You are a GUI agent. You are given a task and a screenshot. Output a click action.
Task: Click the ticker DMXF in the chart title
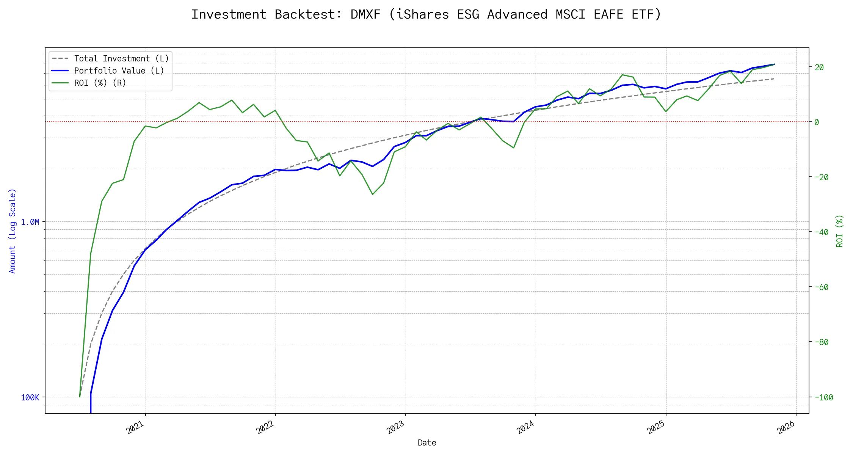coord(365,14)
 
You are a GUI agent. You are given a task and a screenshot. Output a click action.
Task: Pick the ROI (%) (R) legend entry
coord(100,83)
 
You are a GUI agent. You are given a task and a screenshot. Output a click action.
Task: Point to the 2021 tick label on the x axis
coord(135,428)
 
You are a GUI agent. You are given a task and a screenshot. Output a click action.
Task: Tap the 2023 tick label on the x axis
coord(395,428)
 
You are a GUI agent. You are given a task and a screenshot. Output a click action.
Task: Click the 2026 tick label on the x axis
coord(786,428)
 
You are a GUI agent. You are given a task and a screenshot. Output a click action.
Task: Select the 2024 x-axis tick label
coord(525,428)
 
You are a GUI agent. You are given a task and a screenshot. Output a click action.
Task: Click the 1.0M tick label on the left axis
coord(30,222)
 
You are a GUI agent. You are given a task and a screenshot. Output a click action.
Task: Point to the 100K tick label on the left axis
coord(30,398)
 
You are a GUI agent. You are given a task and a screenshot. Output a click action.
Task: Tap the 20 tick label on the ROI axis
coord(819,67)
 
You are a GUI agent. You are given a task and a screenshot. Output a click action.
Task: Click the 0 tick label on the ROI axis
coord(817,122)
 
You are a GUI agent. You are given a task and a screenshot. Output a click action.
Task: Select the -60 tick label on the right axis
coord(821,287)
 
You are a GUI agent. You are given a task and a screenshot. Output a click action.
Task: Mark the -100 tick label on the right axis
coord(823,398)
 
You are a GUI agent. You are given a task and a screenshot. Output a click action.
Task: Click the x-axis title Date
coord(427,443)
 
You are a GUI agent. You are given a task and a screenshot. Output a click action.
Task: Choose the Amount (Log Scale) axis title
coord(13,231)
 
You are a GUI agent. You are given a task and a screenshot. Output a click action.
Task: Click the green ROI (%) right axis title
coord(840,231)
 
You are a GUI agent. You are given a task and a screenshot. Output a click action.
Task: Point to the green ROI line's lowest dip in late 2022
coord(373,195)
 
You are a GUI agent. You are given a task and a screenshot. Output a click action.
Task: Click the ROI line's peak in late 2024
coord(623,75)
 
